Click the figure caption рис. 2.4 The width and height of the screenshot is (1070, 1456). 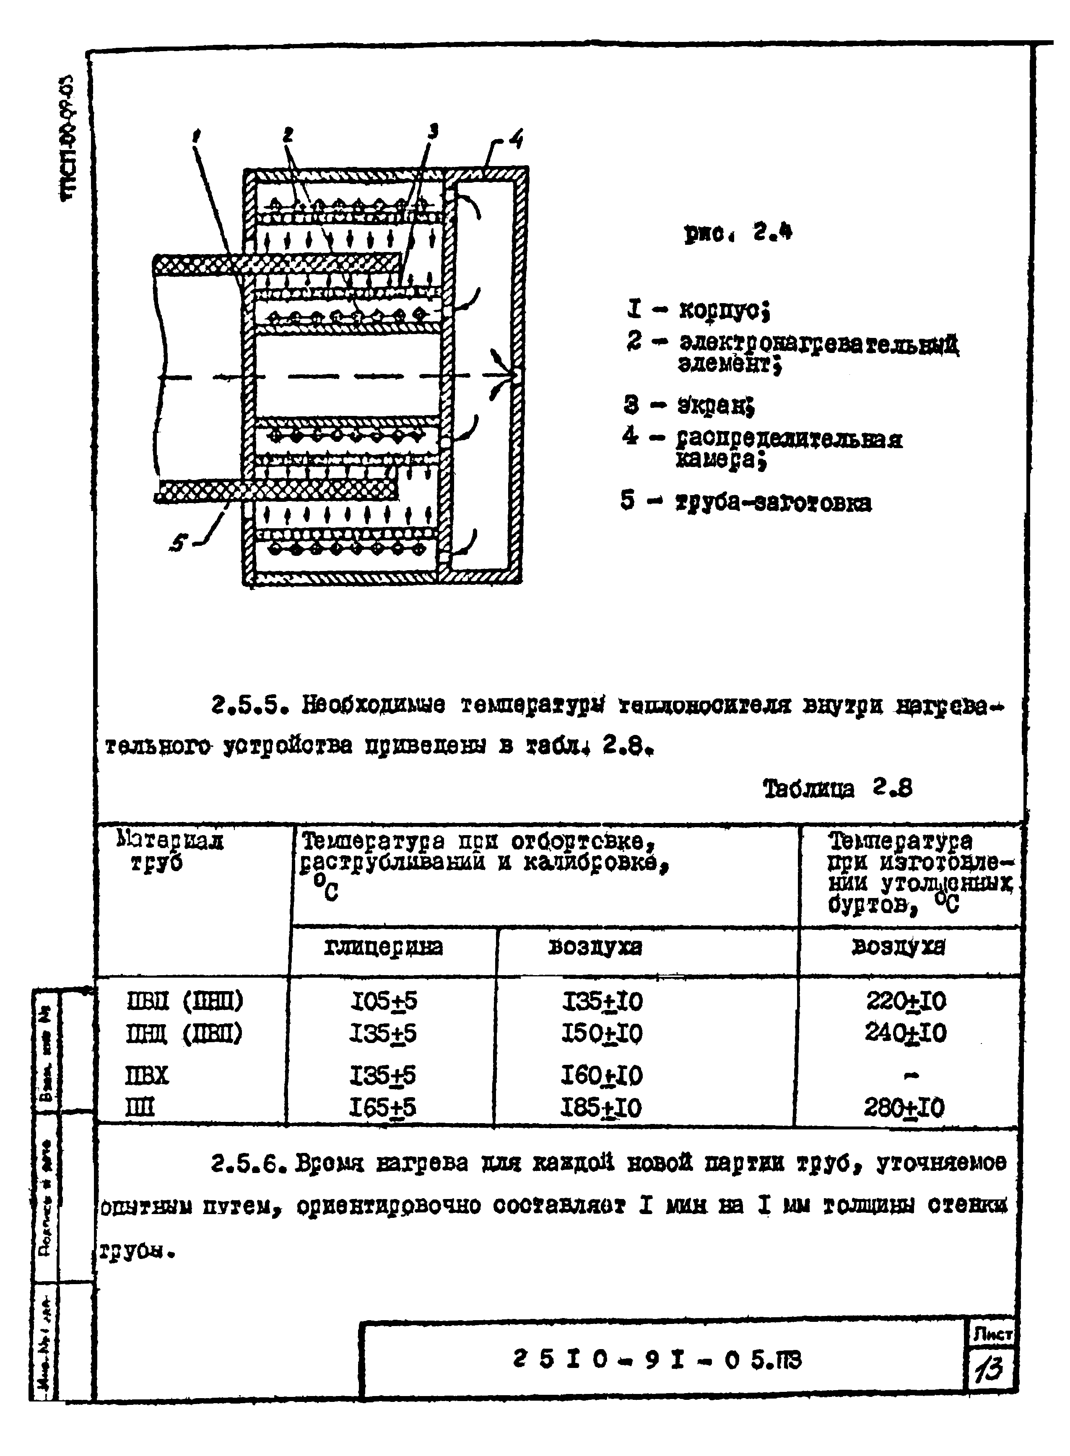click(x=738, y=233)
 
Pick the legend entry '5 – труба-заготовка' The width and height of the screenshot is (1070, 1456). click(x=745, y=502)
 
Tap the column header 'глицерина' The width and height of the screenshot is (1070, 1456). click(x=384, y=947)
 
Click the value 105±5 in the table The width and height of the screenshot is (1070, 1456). click(x=384, y=1001)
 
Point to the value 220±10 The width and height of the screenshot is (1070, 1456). click(x=906, y=1001)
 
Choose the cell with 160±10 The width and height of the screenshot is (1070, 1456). click(x=601, y=1076)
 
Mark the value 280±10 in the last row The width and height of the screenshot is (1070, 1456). click(x=904, y=1108)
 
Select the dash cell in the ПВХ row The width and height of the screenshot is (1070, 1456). click(x=911, y=1076)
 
